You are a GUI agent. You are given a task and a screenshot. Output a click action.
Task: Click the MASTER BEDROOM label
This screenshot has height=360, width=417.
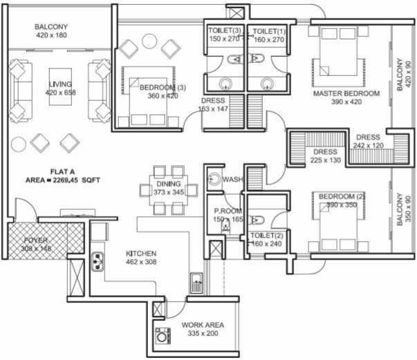tap(346, 93)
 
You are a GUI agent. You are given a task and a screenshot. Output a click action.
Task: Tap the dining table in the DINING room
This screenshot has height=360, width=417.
tap(168, 188)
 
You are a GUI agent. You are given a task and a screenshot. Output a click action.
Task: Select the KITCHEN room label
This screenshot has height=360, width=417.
tap(140, 254)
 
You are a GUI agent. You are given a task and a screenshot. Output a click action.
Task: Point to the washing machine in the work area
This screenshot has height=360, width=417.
tap(163, 337)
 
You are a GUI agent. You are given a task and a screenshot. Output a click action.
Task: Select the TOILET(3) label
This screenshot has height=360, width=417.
tap(223, 32)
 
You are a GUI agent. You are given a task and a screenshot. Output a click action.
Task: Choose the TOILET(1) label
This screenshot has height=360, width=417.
tap(269, 32)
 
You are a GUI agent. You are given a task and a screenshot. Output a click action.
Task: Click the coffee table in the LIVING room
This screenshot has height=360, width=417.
tap(58, 86)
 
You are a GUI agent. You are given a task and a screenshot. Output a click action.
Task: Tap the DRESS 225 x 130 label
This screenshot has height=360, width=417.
tap(325, 156)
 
